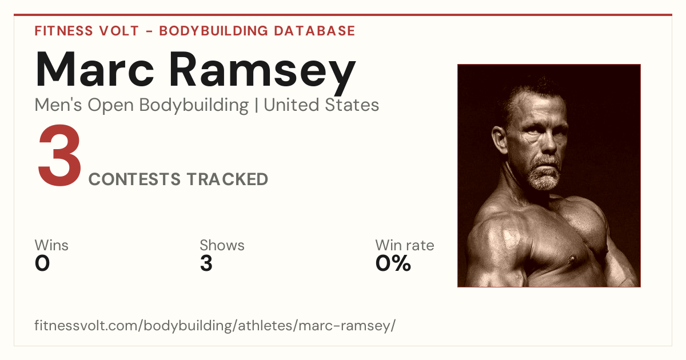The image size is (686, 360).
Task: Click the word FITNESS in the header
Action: click(63, 31)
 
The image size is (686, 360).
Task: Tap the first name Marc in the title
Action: click(95, 70)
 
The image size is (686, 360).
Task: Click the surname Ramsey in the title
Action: click(262, 74)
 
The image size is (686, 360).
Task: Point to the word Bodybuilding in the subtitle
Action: click(194, 106)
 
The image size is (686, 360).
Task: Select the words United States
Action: click(321, 105)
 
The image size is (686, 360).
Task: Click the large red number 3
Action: click(59, 155)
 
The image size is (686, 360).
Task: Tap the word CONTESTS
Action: click(134, 179)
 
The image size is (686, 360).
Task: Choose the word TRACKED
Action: click(228, 179)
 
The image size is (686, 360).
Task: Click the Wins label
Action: click(51, 245)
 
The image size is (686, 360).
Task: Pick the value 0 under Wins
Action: click(42, 263)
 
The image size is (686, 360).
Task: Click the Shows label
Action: click(222, 245)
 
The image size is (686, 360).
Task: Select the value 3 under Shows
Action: click(206, 263)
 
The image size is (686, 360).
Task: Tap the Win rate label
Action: click(405, 245)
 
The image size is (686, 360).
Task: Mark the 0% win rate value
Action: click(393, 263)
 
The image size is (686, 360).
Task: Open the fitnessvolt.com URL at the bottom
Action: click(215, 325)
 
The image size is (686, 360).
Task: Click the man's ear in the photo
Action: click(500, 139)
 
